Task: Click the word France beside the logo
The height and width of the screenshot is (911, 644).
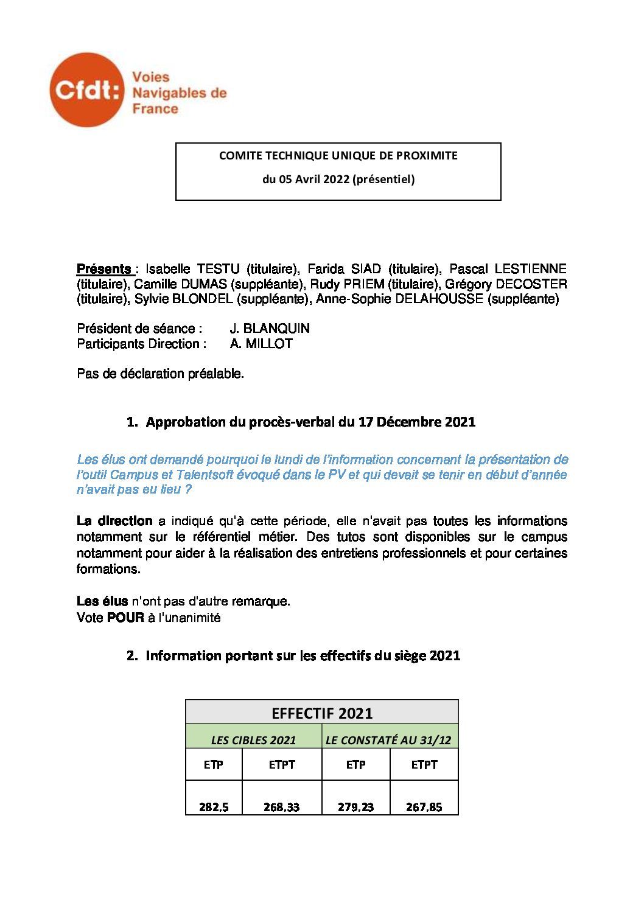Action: [x=155, y=110]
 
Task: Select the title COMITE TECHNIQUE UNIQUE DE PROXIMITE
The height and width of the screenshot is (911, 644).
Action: [x=338, y=156]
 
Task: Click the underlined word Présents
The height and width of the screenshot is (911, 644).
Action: [x=103, y=269]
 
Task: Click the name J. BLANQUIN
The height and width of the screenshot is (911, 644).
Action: [x=270, y=329]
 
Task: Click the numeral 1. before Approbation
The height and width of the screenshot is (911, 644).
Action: [x=132, y=422]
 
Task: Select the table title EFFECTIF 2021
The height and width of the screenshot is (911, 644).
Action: [x=322, y=713]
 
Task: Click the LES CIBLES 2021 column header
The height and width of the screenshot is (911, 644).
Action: [x=253, y=741]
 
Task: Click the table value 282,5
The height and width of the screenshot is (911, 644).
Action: [x=214, y=808]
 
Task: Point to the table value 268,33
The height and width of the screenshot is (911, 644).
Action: [x=281, y=808]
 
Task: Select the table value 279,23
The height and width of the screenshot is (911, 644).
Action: [x=355, y=808]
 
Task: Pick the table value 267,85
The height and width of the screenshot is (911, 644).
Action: [x=424, y=808]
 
